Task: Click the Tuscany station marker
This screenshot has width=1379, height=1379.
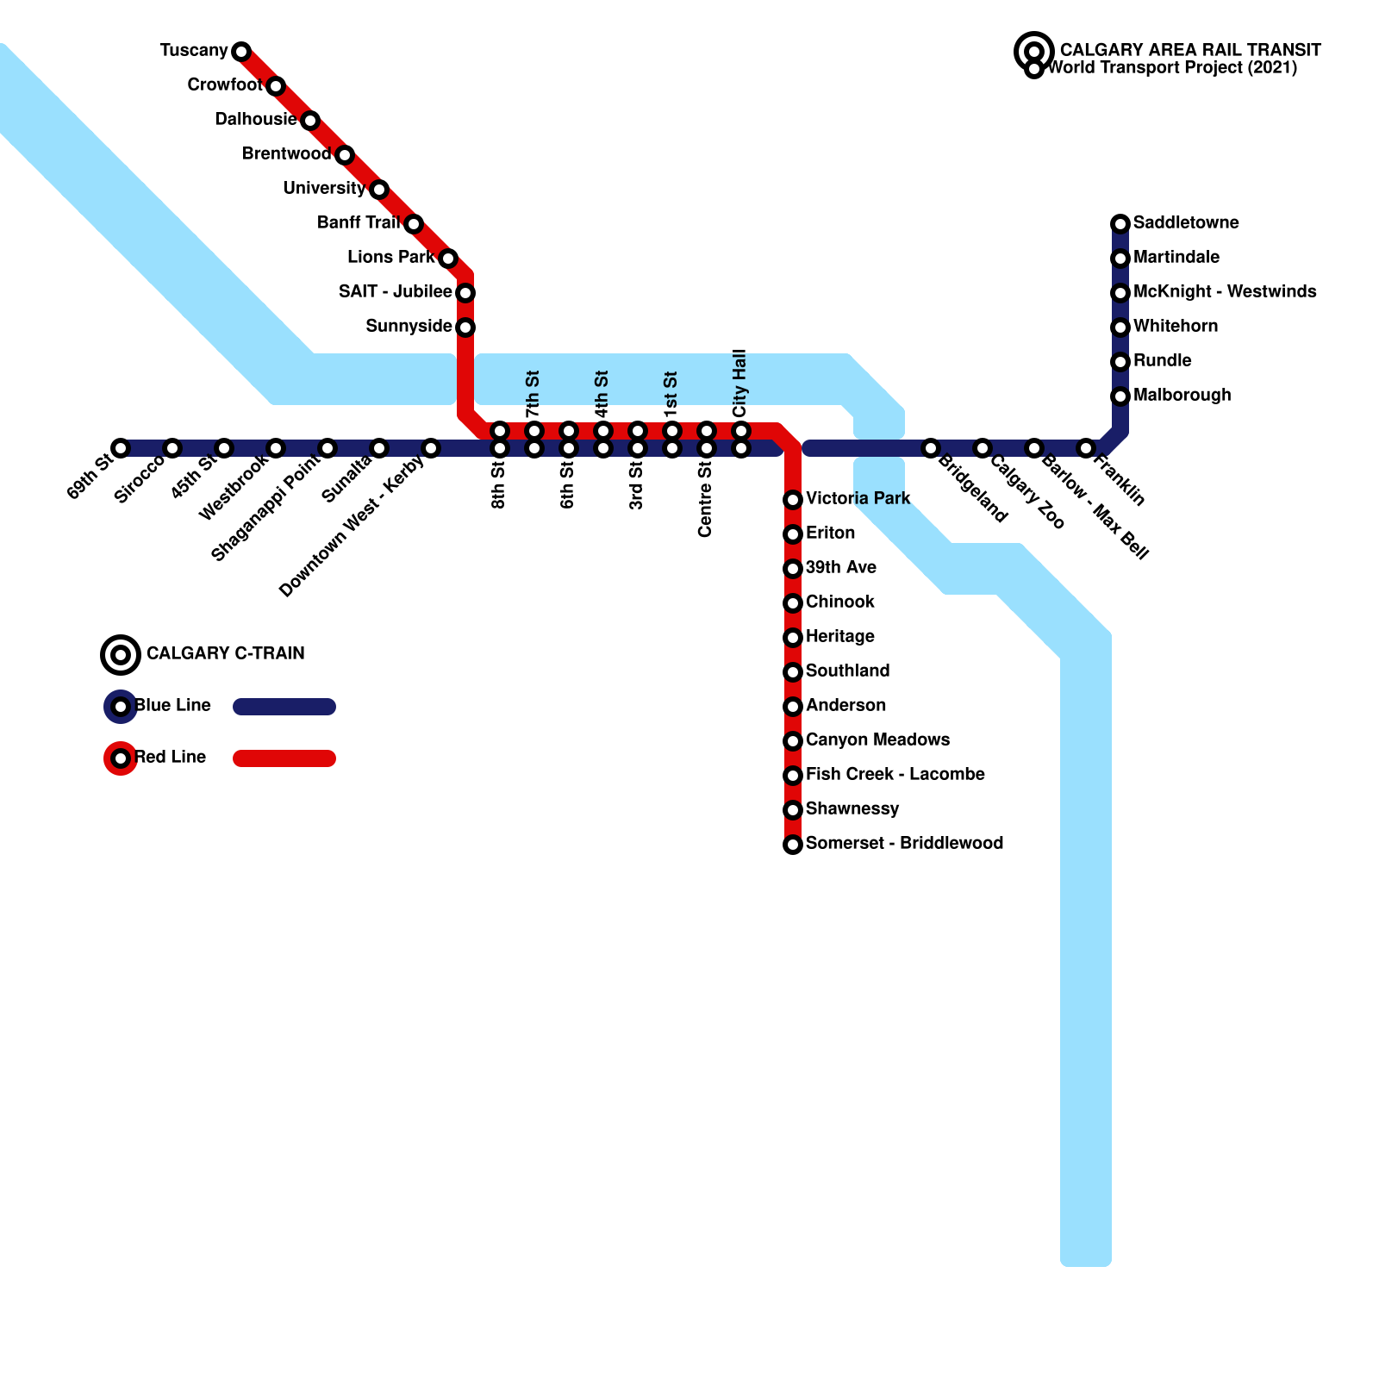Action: click(x=241, y=52)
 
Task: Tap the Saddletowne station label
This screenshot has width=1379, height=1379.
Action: click(x=1186, y=223)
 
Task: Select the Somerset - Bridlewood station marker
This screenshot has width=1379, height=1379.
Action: click(x=793, y=845)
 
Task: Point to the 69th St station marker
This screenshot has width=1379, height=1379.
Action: click(x=121, y=448)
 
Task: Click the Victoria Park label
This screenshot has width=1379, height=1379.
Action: click(x=858, y=499)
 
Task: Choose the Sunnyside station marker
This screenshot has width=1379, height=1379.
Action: click(x=465, y=328)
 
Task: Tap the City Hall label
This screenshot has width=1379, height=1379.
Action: click(x=739, y=384)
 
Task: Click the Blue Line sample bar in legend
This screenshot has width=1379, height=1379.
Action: click(x=284, y=707)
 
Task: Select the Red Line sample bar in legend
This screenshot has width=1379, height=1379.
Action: click(x=284, y=758)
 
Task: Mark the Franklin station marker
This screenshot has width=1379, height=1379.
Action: click(x=1086, y=448)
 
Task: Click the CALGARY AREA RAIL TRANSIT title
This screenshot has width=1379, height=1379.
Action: click(x=1190, y=50)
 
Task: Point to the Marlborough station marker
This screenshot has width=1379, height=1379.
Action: click(x=1120, y=396)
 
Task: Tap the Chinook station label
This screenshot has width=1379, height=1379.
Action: click(x=840, y=602)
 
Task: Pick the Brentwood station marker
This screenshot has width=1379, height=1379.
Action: click(x=345, y=155)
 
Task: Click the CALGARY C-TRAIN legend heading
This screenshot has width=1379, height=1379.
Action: click(x=226, y=654)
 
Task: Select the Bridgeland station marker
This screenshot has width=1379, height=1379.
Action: click(x=931, y=448)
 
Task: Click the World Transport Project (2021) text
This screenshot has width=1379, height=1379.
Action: click(x=1172, y=68)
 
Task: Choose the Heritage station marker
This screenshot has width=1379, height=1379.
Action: click(x=793, y=638)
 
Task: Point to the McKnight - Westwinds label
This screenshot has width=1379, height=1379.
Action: click(x=1225, y=292)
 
